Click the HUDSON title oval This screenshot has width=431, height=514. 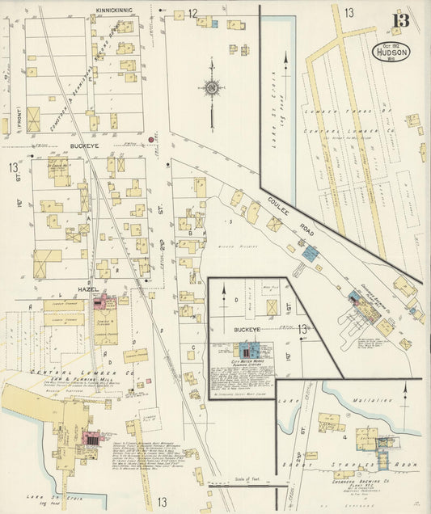tap(392, 49)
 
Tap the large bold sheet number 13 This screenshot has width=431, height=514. tap(399, 21)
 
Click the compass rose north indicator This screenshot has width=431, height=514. tap(212, 87)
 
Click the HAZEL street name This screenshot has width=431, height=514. tap(88, 289)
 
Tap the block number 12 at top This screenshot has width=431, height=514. tap(192, 13)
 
